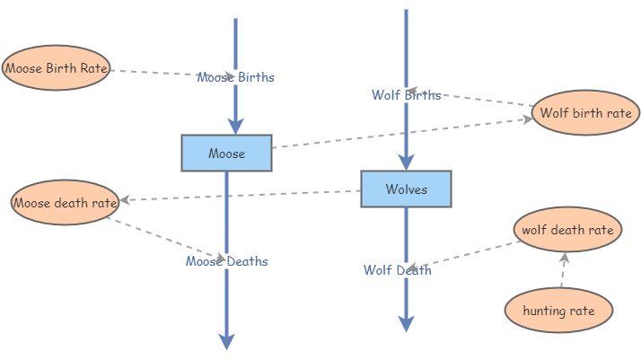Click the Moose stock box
[226, 154]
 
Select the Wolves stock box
[406, 189]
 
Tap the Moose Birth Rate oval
[56, 67]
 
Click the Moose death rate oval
[65, 203]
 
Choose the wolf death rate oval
[567, 230]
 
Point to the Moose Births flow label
[235, 77]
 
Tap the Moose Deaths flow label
[226, 261]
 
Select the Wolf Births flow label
[406, 95]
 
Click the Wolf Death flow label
[397, 270]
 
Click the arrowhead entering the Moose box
[235, 127]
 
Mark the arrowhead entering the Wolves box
[406, 162]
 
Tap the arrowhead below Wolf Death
[406, 322]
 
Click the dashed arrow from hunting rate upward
[563, 271]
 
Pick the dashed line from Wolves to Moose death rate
[242, 195]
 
